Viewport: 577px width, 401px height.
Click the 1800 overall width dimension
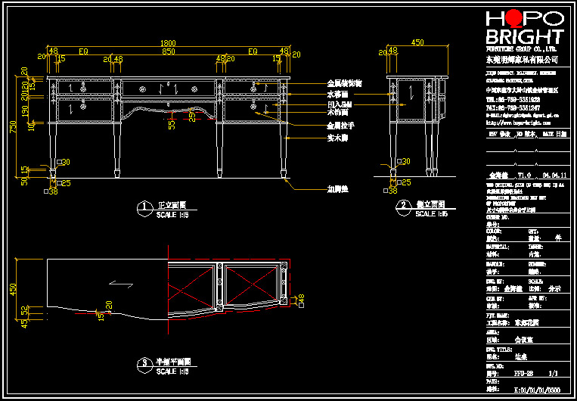point(167,43)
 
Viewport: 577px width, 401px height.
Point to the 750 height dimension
point(13,127)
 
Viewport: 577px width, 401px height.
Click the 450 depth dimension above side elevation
point(417,43)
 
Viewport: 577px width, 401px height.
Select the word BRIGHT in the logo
point(524,36)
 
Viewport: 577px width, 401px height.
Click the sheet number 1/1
point(552,374)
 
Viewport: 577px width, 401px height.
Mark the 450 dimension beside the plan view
point(13,289)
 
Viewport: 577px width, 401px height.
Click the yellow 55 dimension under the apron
point(172,123)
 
